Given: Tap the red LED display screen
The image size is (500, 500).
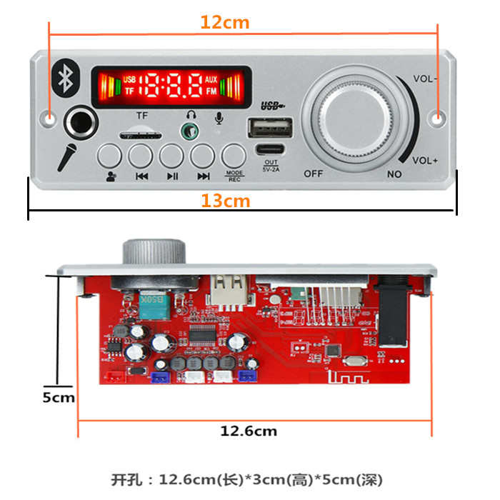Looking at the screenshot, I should [x=171, y=87].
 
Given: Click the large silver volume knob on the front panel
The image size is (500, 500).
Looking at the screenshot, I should [x=354, y=114].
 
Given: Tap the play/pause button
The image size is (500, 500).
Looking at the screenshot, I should [x=172, y=155].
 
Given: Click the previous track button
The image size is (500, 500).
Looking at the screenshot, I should [x=141, y=155].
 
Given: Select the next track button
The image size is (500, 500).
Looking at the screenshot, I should [x=203, y=155].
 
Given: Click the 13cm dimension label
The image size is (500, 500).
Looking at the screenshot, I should [x=225, y=201].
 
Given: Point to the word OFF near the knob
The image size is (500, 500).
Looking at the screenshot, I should [x=314, y=173].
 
